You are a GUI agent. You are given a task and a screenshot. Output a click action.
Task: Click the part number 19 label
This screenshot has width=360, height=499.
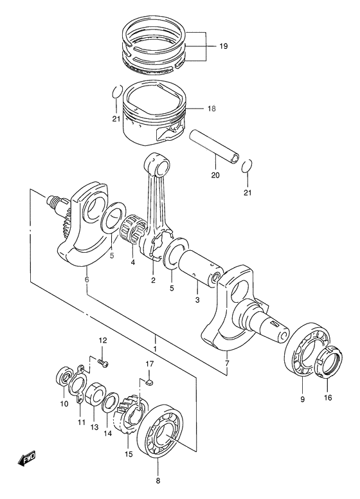point(223,47)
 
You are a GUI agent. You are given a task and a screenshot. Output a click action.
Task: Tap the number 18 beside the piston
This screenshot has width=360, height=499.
point(212,109)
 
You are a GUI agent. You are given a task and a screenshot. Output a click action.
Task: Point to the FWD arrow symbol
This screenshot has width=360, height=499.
point(28,458)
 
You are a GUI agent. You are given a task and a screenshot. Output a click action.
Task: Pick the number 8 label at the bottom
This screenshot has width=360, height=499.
point(159,480)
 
